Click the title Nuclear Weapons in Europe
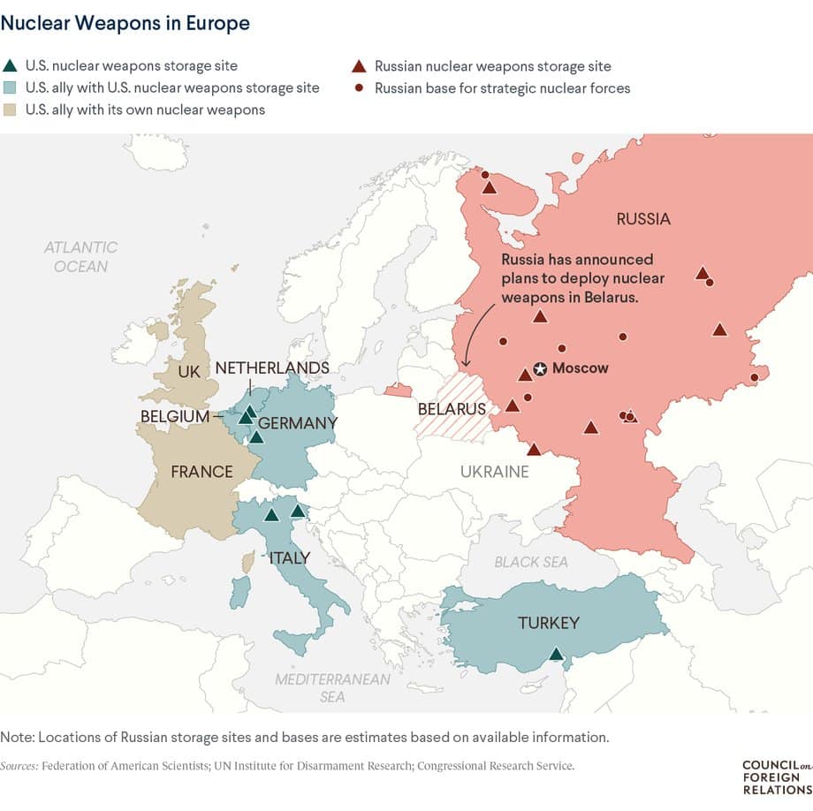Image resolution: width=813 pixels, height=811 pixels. (125, 24)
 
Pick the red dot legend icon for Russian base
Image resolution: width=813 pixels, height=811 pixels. (359, 88)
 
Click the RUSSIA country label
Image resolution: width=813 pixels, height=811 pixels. (643, 219)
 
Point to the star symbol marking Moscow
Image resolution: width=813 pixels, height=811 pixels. (540, 368)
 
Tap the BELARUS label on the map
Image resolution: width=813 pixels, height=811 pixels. (452, 409)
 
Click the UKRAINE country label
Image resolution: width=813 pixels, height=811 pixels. (494, 472)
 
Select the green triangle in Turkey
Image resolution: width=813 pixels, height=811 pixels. (555, 655)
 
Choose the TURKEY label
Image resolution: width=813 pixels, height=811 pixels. (548, 623)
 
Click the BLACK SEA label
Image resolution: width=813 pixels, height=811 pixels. (531, 562)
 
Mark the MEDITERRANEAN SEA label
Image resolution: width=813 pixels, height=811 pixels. (332, 688)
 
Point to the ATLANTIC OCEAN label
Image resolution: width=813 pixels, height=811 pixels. (80, 256)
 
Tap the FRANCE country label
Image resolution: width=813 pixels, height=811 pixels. (201, 472)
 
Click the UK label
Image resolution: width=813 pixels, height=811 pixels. (189, 372)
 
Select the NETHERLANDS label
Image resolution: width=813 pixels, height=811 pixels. (272, 368)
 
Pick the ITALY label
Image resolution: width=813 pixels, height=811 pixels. (289, 557)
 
